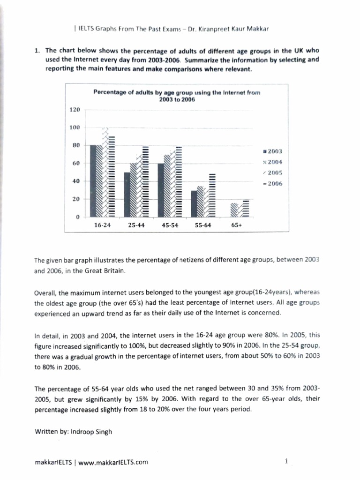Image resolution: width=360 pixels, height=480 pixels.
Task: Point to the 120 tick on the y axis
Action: coord(75,109)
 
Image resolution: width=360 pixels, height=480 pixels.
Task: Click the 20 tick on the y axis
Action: coord(76,199)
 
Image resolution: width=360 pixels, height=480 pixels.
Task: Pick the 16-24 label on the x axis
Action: coord(102,225)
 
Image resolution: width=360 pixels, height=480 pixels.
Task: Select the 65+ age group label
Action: coord(238,225)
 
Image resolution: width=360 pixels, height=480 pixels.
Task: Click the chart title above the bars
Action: coord(176,96)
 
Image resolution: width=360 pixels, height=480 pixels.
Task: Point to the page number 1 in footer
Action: coord(286,461)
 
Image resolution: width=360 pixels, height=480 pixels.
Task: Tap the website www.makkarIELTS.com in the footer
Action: coord(113,462)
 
